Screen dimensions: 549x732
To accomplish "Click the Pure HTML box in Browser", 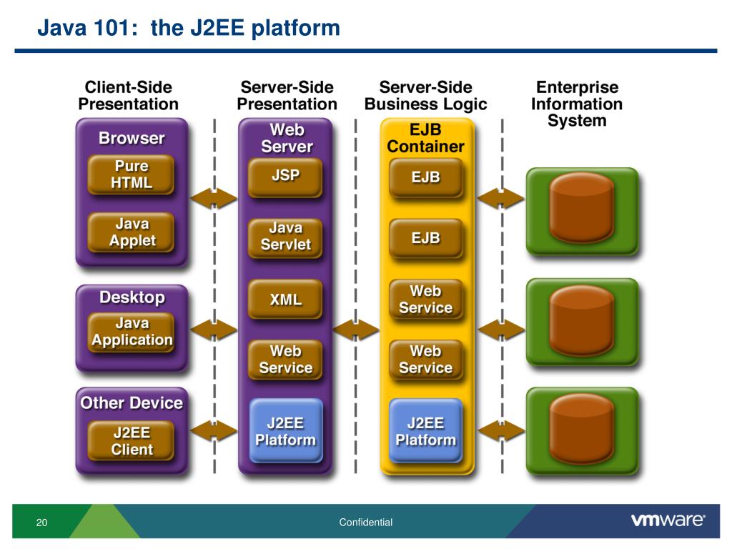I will coord(132,174).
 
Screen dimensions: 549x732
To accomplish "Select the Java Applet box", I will coord(132,232).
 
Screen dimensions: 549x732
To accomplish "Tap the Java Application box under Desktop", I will coord(132,332).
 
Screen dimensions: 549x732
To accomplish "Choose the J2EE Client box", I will coord(132,441).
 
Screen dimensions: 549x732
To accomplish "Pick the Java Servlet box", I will coord(285,237).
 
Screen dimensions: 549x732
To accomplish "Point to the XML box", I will coord(285,300).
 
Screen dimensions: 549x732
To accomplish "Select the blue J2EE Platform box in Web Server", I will coord(285,431).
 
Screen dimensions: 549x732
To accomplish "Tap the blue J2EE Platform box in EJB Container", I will coord(425,431).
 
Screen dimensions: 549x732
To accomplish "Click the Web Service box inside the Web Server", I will coord(285,360).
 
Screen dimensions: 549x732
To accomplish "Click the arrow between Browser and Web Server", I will coord(213,197).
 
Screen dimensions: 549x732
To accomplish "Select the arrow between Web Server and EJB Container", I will coord(355,330).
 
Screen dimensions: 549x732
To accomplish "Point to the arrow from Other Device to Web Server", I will coord(213,430).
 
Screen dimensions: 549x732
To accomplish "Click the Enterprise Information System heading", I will coord(576,104).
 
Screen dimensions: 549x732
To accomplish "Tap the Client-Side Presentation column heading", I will coord(129,96).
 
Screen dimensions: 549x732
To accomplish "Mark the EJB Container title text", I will coord(425,139).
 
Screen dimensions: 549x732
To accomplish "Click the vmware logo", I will coord(668,521).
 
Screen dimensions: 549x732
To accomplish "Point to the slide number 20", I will coord(41,523).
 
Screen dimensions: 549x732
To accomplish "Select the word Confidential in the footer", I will coord(366,523).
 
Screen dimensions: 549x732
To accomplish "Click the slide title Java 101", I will coord(189,29).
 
